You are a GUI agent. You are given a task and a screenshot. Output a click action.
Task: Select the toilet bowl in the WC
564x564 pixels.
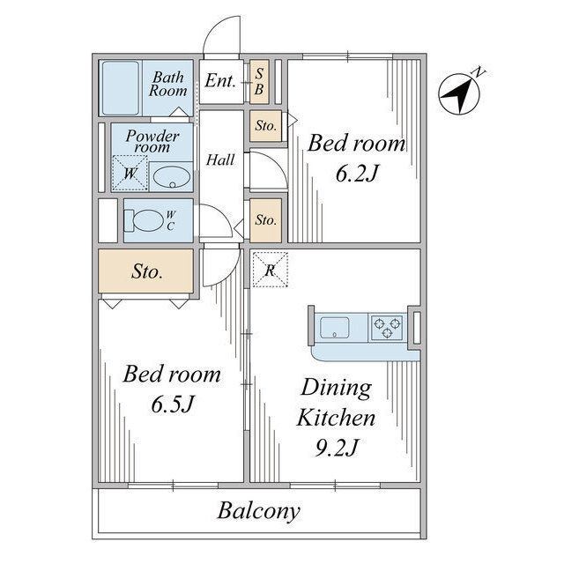pos(144,220)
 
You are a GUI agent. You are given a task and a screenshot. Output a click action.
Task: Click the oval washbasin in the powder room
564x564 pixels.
pos(172,177)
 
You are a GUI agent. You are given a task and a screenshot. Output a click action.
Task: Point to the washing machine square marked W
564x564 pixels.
pos(130,173)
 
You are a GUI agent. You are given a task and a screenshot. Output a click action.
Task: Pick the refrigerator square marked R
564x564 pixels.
pos(271,270)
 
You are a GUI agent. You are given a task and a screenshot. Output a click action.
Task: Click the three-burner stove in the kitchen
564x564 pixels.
pos(387,327)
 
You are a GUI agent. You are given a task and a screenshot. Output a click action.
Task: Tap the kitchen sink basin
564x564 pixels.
pos(335,328)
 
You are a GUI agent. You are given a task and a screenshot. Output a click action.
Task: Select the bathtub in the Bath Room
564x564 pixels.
pos(120,88)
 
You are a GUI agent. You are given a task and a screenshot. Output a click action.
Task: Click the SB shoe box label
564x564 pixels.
pos(259,82)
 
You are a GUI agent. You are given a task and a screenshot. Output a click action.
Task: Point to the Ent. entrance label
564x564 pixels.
pos(220,80)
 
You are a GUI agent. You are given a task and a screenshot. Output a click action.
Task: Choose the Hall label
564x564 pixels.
pos(220,160)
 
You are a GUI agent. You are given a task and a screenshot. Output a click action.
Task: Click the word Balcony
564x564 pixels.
pos(258,510)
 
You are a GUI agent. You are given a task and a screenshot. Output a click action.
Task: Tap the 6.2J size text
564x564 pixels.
pos(357,174)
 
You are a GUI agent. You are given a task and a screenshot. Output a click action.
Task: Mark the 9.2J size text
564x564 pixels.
pos(337,448)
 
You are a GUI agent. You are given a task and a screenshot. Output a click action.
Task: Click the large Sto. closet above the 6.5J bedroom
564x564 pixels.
pos(146,271)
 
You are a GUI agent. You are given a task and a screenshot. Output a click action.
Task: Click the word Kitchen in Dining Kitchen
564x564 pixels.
pos(336,418)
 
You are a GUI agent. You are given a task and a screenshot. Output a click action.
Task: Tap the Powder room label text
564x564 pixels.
pos(152,141)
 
